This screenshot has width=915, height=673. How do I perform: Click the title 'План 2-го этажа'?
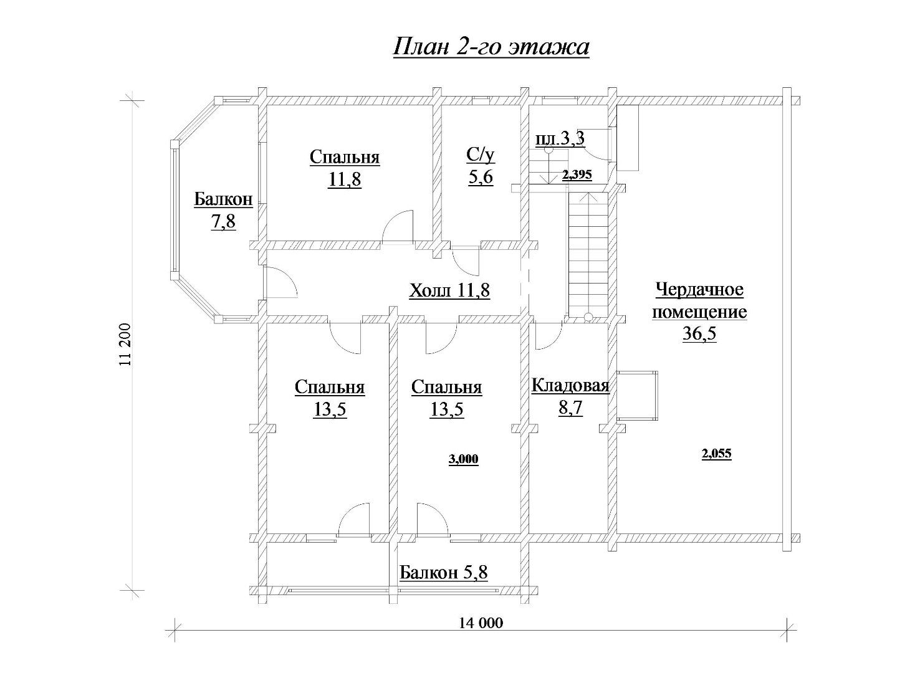tap(491, 47)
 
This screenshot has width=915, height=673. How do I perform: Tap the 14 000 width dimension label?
tap(481, 623)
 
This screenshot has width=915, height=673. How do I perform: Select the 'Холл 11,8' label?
tap(449, 291)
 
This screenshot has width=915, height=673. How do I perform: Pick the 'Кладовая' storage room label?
tap(570, 386)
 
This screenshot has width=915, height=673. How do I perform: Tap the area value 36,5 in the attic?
tap(699, 333)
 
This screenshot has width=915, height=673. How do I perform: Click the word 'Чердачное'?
tap(699, 290)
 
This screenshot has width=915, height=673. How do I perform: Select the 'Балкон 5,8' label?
tap(444, 573)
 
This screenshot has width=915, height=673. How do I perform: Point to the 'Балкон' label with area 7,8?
tap(223, 199)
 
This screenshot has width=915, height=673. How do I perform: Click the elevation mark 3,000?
tap(464, 459)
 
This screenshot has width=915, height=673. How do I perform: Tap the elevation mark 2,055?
tap(716, 454)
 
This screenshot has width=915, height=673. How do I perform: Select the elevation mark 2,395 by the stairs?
tap(577, 174)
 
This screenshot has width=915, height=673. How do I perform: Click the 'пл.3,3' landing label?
tap(560, 138)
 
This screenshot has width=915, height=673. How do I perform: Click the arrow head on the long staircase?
tap(587, 198)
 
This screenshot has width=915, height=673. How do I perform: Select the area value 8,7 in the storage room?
tap(570, 408)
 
